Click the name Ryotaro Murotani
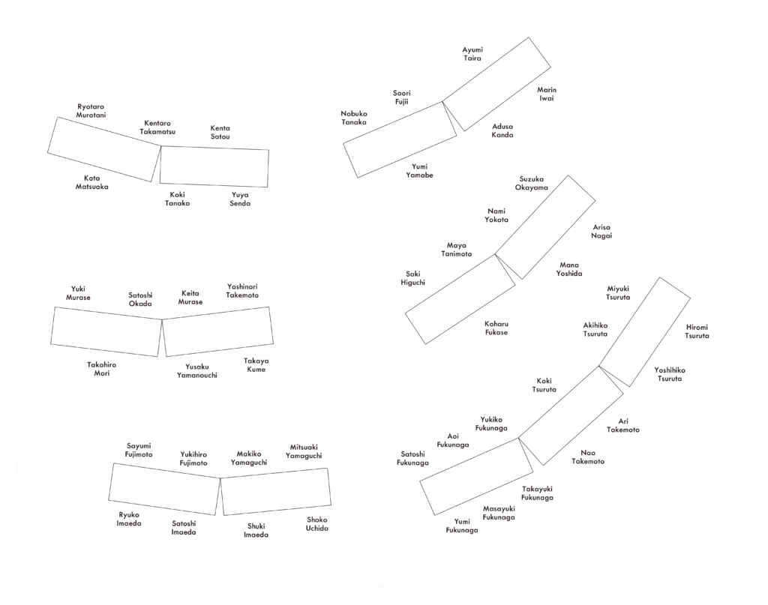click(91, 111)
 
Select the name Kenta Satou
click(220, 132)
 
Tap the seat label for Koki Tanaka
click(177, 199)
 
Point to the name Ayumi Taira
click(472, 54)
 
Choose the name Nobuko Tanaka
click(354, 118)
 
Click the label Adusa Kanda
click(502, 130)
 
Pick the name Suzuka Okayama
click(532, 183)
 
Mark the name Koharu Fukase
click(496, 328)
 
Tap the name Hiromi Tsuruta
click(697, 331)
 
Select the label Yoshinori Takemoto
click(242, 291)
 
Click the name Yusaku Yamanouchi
click(197, 371)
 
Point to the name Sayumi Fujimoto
click(139, 450)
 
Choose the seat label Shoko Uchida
click(317, 524)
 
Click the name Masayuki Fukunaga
click(499, 513)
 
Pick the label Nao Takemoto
click(588, 457)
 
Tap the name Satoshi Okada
click(140, 299)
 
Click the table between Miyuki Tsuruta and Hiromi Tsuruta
click(644, 332)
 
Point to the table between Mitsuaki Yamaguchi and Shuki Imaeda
click(276, 492)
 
